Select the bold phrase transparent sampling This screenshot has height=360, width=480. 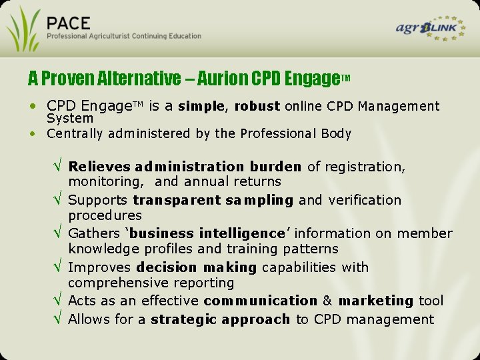(213, 200)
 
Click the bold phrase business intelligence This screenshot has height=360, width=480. (207, 233)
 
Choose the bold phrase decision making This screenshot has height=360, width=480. (196, 267)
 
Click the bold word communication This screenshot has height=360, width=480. (261, 301)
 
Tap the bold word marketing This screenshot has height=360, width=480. (376, 301)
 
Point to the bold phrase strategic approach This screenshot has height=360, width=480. (221, 319)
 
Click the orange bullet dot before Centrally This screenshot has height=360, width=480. (33, 133)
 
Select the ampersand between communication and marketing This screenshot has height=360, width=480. (328, 301)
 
